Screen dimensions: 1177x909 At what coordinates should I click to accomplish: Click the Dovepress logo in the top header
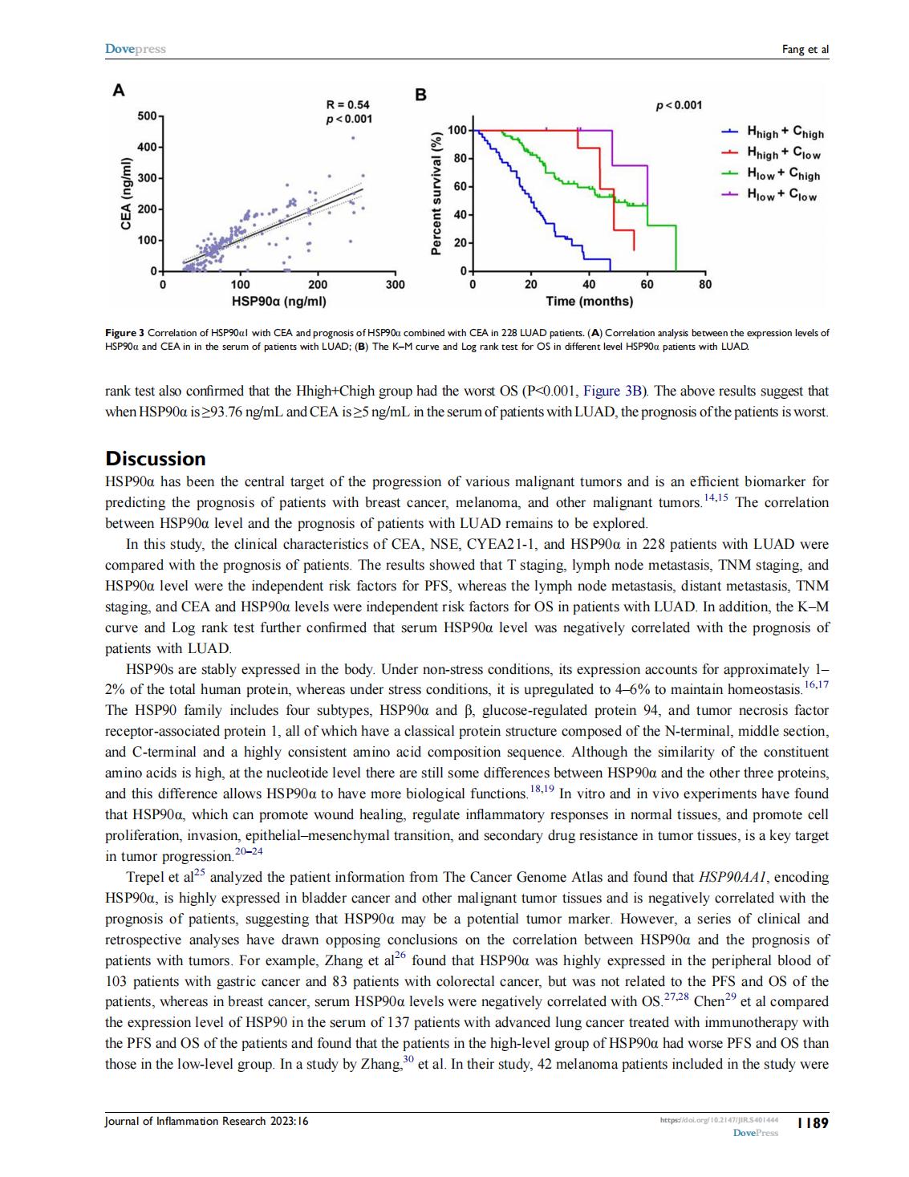click(135, 49)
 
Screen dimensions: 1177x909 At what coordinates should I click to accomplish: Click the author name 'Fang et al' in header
click(805, 50)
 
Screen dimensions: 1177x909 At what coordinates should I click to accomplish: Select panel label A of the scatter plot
click(118, 91)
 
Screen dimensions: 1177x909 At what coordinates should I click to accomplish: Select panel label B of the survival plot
click(420, 95)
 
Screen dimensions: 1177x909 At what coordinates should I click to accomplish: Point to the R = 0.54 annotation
click(348, 104)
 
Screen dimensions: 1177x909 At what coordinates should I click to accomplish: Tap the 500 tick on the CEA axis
click(147, 116)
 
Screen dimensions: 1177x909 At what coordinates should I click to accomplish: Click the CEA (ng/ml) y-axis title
click(125, 194)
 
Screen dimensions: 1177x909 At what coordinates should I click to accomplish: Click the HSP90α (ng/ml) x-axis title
click(278, 302)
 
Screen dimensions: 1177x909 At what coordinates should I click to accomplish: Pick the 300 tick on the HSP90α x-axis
click(395, 284)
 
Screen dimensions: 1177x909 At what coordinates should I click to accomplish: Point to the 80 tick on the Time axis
click(704, 284)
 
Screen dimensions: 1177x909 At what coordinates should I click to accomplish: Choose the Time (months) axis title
click(589, 302)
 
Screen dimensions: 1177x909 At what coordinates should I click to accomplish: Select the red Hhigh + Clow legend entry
click(772, 153)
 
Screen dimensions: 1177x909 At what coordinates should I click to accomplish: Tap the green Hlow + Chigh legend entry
click(772, 174)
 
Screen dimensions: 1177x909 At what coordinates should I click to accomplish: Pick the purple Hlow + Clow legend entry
click(770, 194)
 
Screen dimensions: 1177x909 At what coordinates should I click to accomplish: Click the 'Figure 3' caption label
click(124, 332)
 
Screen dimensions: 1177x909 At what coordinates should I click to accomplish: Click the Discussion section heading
click(156, 459)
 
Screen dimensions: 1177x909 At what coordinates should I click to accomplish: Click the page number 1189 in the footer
click(812, 1123)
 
